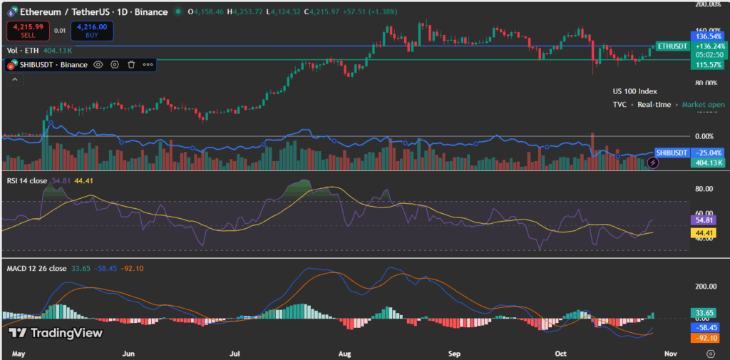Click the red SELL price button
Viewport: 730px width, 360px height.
[x=27, y=30]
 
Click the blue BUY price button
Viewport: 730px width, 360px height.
[x=92, y=30]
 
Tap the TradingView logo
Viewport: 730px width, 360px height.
[x=55, y=333]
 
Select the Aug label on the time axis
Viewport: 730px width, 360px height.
[x=345, y=353]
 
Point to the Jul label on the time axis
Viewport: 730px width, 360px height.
[x=235, y=353]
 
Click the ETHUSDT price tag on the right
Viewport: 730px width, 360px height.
[x=672, y=46]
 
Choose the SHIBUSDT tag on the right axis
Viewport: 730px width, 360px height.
[x=672, y=153]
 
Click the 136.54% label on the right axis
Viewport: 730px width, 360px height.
[x=709, y=35]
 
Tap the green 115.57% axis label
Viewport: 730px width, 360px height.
[x=709, y=65]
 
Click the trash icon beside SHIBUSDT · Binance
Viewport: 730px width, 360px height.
[x=131, y=64]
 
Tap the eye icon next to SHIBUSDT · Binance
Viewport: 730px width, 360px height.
[x=98, y=64]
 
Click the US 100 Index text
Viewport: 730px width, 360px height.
[x=634, y=91]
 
